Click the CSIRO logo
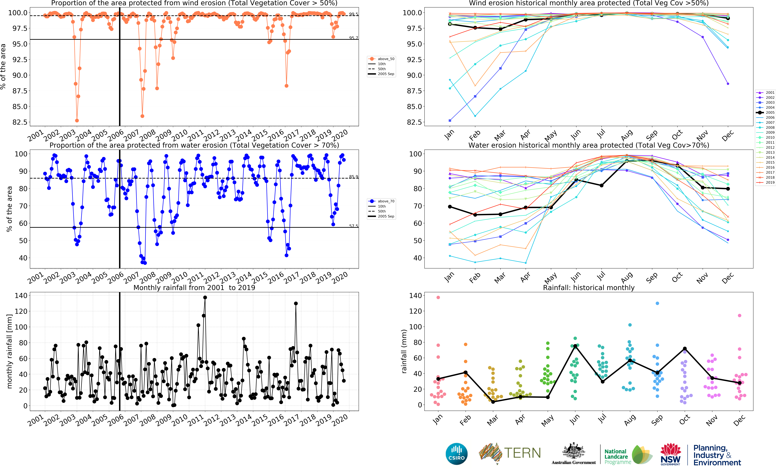tap(456, 454)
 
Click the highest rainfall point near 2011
tap(205, 297)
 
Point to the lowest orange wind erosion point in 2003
tap(77, 121)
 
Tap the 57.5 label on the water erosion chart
tap(353, 226)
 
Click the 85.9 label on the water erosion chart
tap(353, 177)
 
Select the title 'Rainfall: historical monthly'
tap(589, 288)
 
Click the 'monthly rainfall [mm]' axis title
tap(9, 351)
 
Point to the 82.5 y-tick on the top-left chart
tap(20, 122)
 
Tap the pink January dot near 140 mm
tap(438, 297)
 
